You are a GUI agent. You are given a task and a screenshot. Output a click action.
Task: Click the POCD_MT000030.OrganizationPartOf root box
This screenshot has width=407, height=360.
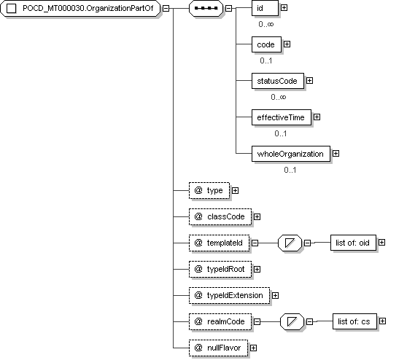coord(80,8)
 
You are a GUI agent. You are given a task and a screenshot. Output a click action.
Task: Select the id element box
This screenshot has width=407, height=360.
coord(265,8)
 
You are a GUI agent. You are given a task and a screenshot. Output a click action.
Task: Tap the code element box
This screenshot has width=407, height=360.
coord(266,44)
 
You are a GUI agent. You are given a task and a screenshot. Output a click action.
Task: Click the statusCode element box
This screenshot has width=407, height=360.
coord(277,81)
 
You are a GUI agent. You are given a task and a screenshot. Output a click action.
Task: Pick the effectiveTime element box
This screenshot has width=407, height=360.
coord(281,117)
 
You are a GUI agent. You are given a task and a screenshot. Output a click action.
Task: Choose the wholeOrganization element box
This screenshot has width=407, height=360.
coord(291,154)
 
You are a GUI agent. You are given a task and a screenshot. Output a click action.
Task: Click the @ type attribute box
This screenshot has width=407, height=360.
coord(209,191)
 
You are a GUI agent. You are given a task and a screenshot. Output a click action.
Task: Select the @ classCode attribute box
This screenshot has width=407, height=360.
coord(220,217)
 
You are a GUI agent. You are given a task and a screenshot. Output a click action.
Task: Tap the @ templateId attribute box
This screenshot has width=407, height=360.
coord(219,243)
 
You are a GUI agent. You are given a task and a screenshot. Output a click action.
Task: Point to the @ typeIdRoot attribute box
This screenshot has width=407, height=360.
coord(220,269)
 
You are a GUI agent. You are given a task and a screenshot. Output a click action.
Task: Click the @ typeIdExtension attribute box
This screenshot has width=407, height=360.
coord(229,295)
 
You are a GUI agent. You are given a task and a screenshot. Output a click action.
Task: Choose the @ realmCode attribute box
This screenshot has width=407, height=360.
coord(220,321)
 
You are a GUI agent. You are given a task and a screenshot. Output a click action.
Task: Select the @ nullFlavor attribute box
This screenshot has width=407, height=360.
coord(218,348)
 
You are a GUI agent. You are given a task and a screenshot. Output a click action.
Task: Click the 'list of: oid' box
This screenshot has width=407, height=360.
coord(353,243)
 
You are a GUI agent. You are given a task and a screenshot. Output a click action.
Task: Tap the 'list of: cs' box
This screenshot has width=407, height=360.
coord(354,321)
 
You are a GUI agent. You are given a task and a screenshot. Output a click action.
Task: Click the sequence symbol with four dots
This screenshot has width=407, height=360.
coord(206,8)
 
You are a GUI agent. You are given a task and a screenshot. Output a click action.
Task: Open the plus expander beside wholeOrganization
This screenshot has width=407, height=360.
coord(336,154)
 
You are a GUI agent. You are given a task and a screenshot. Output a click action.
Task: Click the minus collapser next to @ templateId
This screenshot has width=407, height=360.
coord(255,243)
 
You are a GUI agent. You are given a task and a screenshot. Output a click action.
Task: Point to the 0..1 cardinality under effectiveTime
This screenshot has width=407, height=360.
coord(281,133)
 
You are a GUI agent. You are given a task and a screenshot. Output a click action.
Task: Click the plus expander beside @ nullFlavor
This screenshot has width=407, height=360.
coord(253,348)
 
